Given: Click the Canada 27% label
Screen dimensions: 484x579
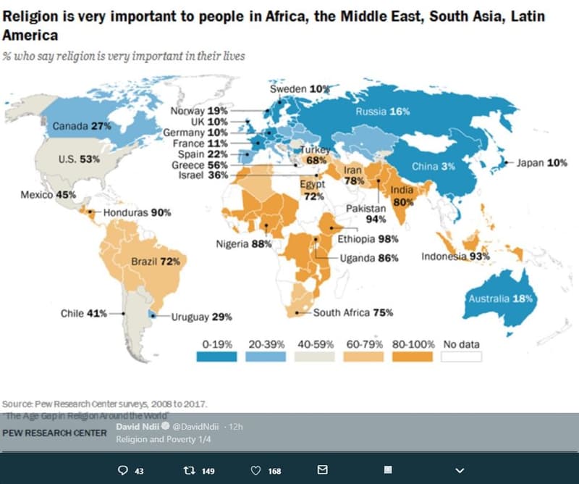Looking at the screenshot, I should pos(82,126).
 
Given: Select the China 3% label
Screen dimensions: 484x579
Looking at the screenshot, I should pos(434,166).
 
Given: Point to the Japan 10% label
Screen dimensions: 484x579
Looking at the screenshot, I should pos(541,163).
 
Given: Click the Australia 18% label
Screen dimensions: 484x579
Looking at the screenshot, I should pos(501,299).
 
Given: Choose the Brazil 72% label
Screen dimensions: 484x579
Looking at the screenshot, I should pos(156,261).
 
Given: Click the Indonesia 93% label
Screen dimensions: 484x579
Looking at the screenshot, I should pos(456,256).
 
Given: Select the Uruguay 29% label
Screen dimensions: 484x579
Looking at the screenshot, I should pos(201,317).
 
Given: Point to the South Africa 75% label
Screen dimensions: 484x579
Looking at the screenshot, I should pos(353,313).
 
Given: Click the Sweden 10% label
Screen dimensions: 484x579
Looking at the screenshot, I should pos(300,88).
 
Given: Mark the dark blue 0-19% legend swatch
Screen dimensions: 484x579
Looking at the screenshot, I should pos(217,356).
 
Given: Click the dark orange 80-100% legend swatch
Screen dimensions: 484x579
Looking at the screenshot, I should pos(413,356).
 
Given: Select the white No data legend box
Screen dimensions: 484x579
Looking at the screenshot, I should pos(462,356).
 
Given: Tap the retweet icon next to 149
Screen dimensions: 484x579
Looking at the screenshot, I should pos(190,471).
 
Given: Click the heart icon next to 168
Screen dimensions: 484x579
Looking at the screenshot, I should pos(255,471).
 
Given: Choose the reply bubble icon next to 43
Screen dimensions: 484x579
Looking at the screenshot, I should pos(123,471).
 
